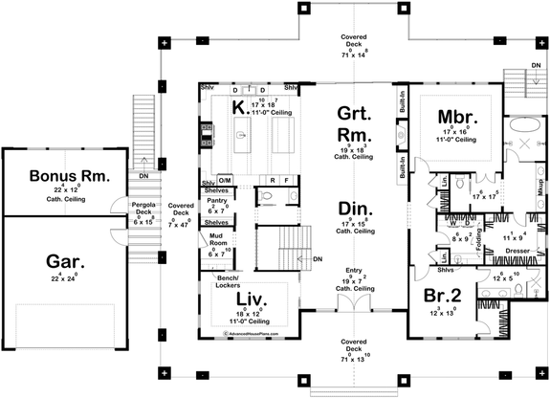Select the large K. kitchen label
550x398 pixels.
tap(239, 108)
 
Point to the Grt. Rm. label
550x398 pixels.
tap(351, 125)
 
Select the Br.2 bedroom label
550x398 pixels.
tap(440, 295)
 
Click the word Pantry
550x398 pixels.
tap(216, 201)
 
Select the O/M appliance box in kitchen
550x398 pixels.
tap(225, 180)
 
